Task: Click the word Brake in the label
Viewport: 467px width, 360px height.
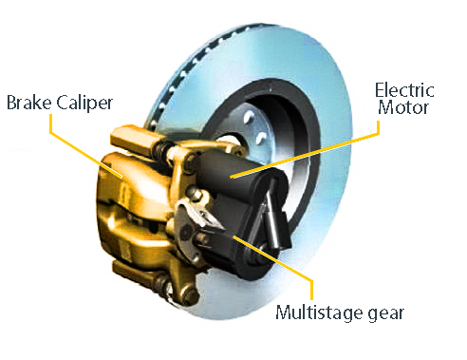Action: click(x=28, y=103)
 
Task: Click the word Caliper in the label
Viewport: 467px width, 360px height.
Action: click(x=84, y=103)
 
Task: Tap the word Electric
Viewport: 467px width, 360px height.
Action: click(x=404, y=90)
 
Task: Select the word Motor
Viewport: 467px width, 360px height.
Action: click(x=403, y=107)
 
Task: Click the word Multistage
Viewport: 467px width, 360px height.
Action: click(x=319, y=313)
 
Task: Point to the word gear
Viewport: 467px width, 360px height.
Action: click(x=386, y=313)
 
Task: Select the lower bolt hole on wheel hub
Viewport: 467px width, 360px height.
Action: click(x=261, y=138)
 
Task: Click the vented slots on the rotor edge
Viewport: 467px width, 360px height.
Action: click(x=190, y=69)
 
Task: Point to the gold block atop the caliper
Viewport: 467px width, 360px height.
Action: click(x=133, y=140)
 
